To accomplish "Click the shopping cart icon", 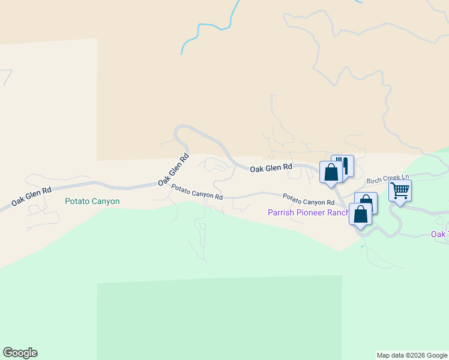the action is coord(400,191).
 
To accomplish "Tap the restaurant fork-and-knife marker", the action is coord(343,166).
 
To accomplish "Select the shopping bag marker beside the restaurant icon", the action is coord(331,172).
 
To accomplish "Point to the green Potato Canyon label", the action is coord(92,202).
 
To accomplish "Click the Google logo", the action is coord(20,353).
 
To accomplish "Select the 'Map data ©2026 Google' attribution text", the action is coord(412,355).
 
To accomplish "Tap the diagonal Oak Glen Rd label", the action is coord(174,169).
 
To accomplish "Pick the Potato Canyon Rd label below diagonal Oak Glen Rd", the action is coord(197,192).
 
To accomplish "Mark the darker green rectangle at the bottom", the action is coord(219,318).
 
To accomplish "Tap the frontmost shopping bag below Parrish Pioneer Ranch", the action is coord(360,214).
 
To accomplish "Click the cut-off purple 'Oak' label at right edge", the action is coord(439,234).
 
